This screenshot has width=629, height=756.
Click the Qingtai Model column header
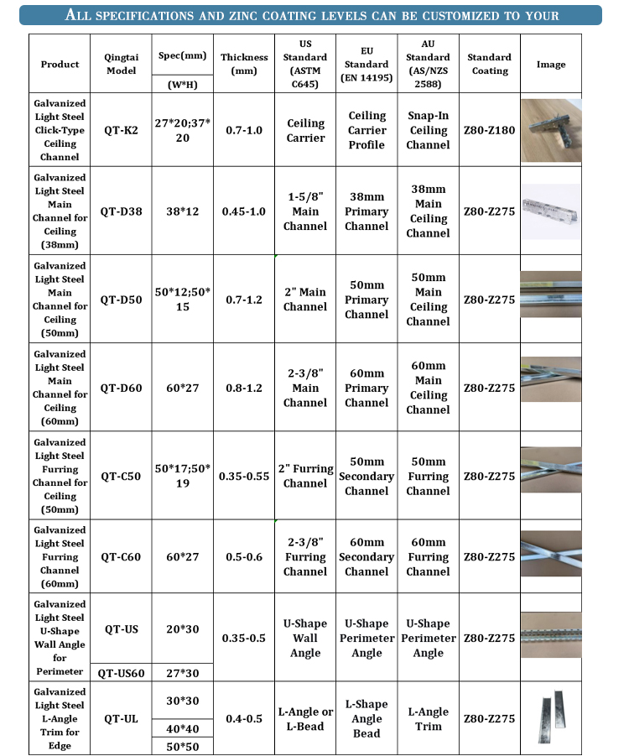click(121, 65)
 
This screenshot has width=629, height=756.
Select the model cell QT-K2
click(121, 130)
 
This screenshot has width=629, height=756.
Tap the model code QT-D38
click(121, 211)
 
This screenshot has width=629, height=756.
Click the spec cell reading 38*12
click(182, 211)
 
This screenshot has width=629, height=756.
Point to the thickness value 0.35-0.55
click(243, 476)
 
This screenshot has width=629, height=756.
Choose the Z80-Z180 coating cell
click(490, 130)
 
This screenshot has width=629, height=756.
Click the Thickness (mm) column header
click(243, 65)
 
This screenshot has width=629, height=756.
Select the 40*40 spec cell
click(182, 727)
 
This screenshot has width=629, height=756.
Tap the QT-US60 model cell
click(121, 672)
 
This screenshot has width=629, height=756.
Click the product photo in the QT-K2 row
click(550, 129)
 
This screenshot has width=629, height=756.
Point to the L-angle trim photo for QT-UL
click(550, 718)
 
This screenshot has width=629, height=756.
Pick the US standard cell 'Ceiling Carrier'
click(305, 130)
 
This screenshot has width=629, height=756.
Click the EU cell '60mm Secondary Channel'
click(366, 556)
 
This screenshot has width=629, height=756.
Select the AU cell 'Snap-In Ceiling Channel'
click(428, 130)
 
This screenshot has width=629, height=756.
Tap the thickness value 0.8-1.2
click(243, 388)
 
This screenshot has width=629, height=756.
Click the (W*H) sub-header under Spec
click(182, 84)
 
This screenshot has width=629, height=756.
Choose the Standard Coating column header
click(490, 65)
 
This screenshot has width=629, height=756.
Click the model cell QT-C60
click(121, 556)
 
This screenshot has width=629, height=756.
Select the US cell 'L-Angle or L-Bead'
click(305, 719)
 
